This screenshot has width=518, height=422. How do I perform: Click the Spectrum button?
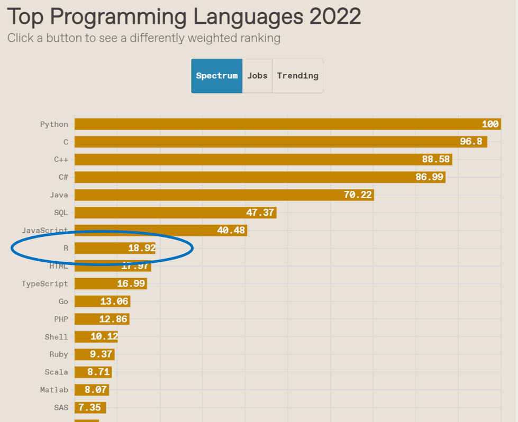pos(217,76)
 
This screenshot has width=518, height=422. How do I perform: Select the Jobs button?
pos(257,76)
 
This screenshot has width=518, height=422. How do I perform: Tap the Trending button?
pos(297,76)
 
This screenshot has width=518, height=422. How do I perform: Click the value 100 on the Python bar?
pos(490,124)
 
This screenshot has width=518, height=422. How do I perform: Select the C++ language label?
pos(61,159)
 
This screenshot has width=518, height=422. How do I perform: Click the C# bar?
pos(259,177)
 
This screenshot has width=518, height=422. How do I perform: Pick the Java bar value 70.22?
pos(358,195)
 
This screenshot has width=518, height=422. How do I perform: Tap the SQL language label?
pos(61,213)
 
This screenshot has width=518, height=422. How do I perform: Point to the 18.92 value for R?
pos(141,248)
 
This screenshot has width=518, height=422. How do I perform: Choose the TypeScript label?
pos(45,283)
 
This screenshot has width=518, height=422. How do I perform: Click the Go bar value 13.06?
pos(114,301)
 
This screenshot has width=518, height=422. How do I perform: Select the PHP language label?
pos(61,319)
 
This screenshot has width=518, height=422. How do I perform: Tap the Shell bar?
pos(96,337)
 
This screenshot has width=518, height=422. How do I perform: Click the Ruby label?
pos(59,354)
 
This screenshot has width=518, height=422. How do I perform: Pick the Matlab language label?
pos(54,390)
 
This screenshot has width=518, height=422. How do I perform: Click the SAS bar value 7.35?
pos(89,408)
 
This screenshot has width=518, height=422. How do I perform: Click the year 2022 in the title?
pos(335,16)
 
